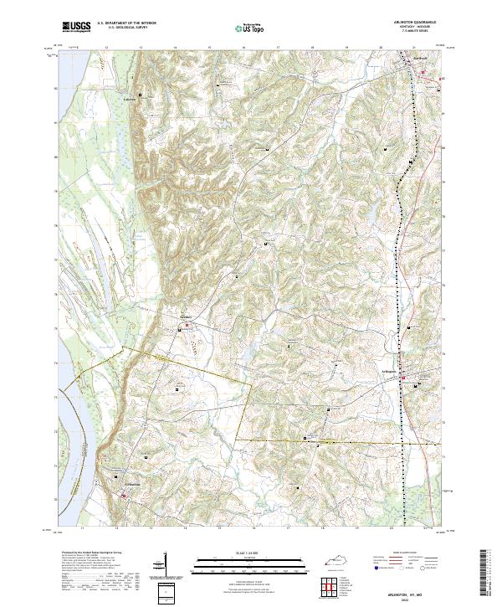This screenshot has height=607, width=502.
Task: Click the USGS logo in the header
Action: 76,27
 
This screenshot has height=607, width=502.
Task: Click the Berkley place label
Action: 187,317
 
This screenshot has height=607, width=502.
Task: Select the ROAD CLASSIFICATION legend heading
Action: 401,553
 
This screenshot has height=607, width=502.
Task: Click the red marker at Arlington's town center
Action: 402,378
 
